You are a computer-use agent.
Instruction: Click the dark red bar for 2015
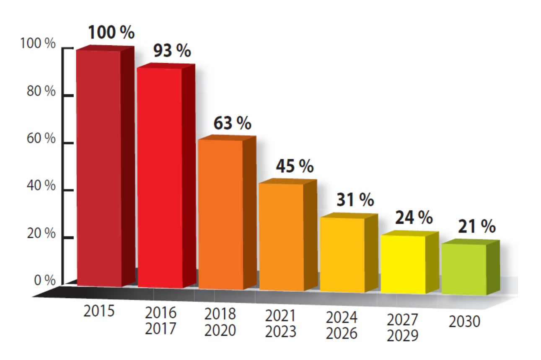click(99, 168)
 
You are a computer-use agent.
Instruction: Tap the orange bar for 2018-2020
click(220, 214)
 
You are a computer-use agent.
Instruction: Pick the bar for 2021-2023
click(281, 237)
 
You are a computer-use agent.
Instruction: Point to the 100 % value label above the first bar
click(111, 33)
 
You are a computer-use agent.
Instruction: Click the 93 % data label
click(172, 51)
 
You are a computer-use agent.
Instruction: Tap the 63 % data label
click(233, 123)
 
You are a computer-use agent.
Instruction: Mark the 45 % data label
click(295, 166)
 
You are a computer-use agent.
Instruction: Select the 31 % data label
click(355, 200)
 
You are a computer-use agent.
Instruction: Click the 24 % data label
click(413, 218)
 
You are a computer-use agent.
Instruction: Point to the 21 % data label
click(476, 227)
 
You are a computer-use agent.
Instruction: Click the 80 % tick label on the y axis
click(41, 91)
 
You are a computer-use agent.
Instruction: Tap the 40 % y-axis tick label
click(41, 186)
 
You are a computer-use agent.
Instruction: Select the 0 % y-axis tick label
click(44, 280)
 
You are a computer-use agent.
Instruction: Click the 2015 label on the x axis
click(99, 311)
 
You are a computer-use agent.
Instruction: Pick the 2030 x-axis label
click(464, 322)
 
